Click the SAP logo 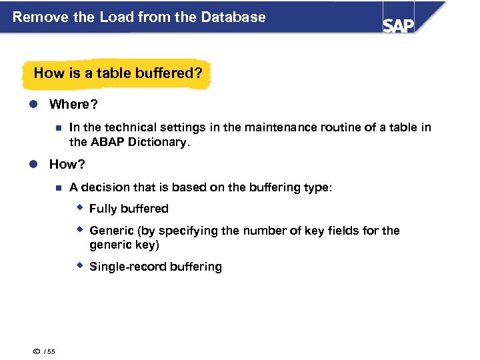pos(399,25)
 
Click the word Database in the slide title pos(235,17)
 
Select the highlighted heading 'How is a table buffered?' pos(117,73)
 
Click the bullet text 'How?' pos(68,164)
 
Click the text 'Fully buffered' pos(129,209)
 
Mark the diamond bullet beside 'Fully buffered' pos(79,208)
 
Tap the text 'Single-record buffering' pos(155,267)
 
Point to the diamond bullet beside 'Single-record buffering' pos(79,265)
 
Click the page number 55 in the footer pos(51,352)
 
